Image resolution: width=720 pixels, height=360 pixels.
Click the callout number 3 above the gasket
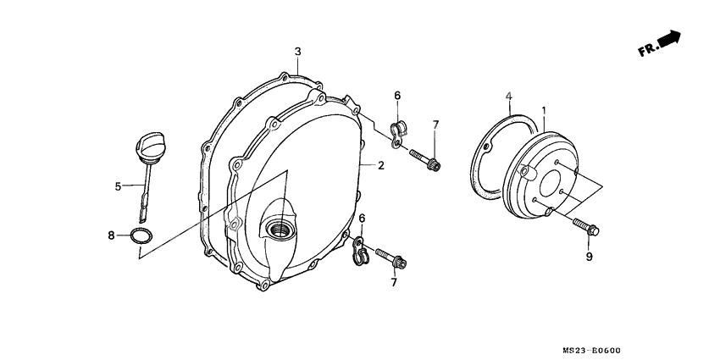tap(298, 52)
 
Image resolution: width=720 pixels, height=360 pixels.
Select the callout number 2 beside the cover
tap(381, 165)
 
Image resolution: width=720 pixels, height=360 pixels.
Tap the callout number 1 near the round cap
tap(543, 111)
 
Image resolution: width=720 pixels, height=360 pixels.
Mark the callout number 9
tap(589, 256)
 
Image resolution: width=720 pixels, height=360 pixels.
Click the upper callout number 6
tap(397, 95)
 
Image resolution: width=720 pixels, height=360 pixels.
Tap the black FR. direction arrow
tap(670, 39)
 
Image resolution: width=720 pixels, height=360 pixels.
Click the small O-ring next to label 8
tap(143, 235)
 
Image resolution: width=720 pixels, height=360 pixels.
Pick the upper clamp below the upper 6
tap(397, 131)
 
